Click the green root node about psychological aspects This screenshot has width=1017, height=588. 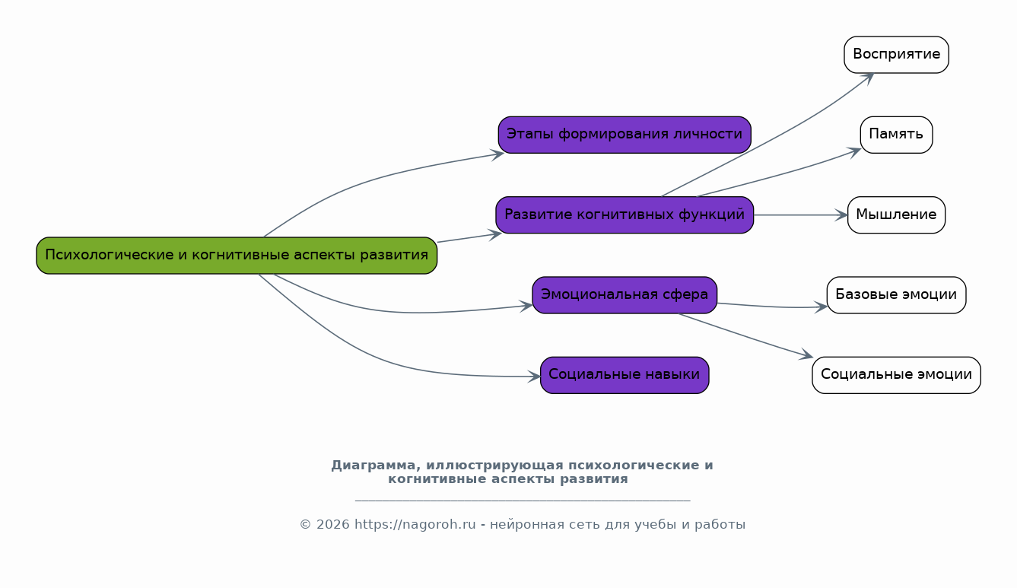(x=237, y=255)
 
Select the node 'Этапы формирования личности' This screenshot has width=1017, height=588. (x=625, y=135)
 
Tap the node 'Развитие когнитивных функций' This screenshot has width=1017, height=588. (x=625, y=215)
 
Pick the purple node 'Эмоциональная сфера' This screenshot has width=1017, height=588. (x=625, y=295)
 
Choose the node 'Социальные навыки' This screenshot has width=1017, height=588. (x=625, y=375)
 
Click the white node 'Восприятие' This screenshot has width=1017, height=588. (x=896, y=55)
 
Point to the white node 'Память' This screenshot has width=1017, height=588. (x=896, y=135)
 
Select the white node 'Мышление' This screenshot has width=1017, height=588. (x=896, y=215)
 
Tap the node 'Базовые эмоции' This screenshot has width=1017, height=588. (x=896, y=295)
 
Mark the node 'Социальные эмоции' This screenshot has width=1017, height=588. (x=896, y=375)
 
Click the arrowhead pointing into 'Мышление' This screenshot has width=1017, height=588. (x=842, y=215)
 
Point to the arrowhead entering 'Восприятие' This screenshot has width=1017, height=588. (x=868, y=78)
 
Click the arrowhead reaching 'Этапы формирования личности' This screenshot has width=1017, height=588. (x=498, y=154)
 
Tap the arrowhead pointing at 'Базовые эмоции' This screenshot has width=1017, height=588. (x=821, y=307)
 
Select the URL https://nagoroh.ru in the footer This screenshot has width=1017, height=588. (x=415, y=525)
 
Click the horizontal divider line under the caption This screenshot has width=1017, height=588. (x=523, y=501)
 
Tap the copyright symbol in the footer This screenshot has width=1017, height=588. (x=306, y=526)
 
